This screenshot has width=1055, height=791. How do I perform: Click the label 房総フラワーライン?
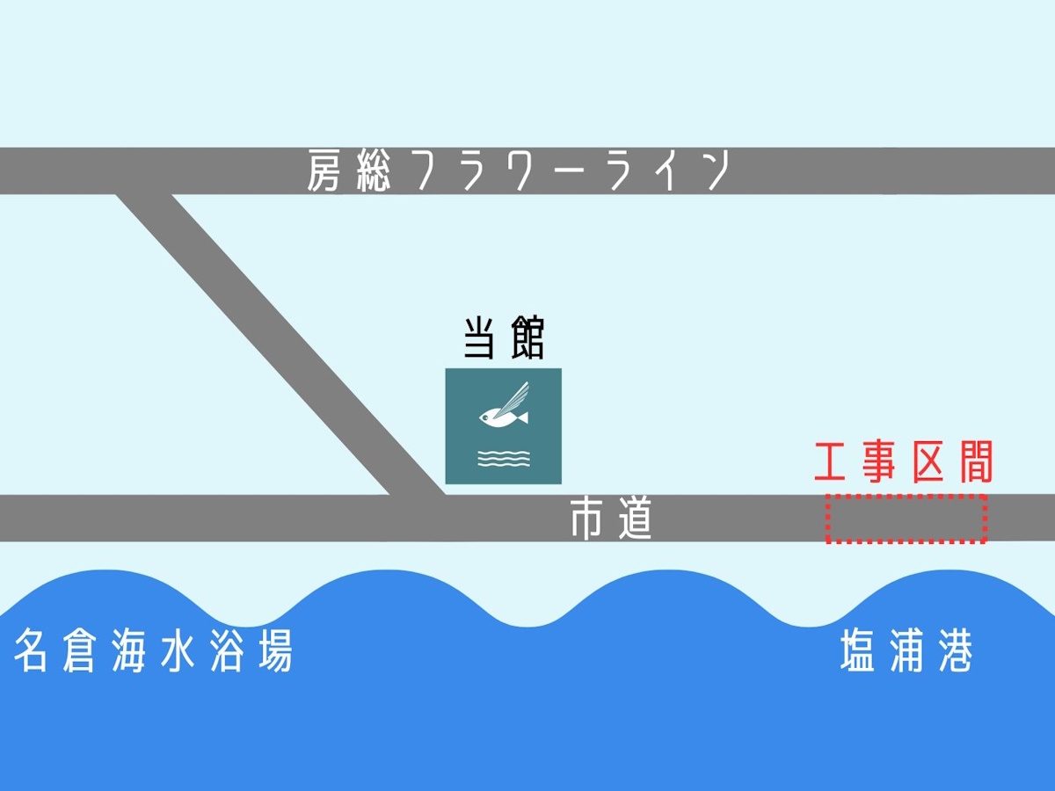pos(519,171)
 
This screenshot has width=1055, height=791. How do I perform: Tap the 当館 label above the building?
pos(504,338)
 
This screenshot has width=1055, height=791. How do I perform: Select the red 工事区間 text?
pos(904,461)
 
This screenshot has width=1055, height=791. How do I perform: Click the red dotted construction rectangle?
pos(906,496)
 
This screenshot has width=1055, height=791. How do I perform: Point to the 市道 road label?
pos(611,519)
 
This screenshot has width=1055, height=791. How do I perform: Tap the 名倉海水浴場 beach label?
pos(153,650)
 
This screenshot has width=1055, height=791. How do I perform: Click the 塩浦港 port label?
pos(906,650)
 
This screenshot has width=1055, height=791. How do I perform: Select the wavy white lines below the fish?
pos(504,459)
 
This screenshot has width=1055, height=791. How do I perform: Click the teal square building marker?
pos(503,426)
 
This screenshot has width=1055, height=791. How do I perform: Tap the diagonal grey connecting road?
pos(280,345)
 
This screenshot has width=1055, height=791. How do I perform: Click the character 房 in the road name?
pos(324,171)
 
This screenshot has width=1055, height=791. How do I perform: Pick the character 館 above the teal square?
pos(527,338)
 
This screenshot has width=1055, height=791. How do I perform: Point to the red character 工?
pos(830,461)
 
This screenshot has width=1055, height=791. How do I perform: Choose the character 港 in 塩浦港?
pos(956,650)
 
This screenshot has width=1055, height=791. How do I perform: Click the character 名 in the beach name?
pos(31,650)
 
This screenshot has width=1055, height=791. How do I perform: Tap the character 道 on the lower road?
pos(635,519)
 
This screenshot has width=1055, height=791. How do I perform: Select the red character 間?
pos(977,461)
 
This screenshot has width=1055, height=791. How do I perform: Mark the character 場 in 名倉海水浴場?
pos(275,650)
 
